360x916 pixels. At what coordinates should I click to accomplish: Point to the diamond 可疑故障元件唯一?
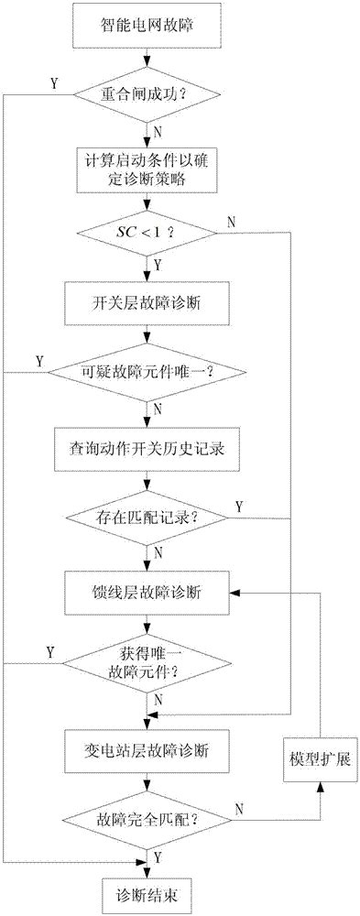click(147, 374)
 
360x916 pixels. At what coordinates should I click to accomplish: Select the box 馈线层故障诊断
click(147, 592)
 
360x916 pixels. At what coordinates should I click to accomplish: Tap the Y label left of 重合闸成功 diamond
click(54, 84)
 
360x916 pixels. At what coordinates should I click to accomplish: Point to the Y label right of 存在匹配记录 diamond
click(239, 506)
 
